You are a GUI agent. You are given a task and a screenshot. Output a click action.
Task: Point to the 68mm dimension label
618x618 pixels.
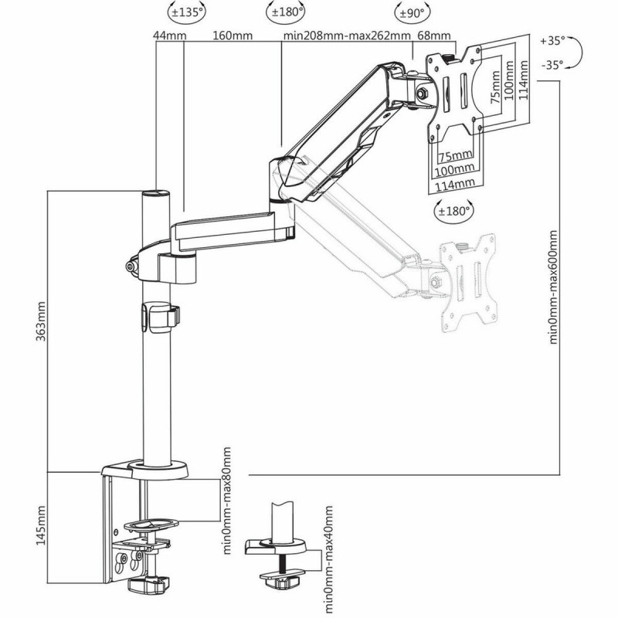tap(433, 36)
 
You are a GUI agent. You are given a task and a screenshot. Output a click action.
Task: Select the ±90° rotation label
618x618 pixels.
tap(410, 12)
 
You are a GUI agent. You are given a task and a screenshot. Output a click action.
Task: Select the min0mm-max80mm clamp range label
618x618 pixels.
tap(226, 494)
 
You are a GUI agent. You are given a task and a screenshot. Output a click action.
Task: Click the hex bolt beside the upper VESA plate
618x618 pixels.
tap(423, 93)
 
